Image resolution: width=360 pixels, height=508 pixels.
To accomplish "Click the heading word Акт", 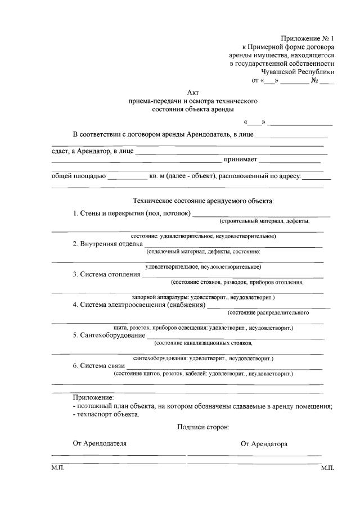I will pyautogui.click(x=192, y=92).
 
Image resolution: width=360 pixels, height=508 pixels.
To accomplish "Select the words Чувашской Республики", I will pyautogui.click(x=298, y=71).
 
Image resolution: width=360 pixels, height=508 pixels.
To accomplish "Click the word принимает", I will pyautogui.click(x=240, y=160).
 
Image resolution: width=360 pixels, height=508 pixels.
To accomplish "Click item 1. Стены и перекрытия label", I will pyautogui.click(x=132, y=213).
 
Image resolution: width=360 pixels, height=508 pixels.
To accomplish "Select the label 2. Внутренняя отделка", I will pyautogui.click(x=107, y=243).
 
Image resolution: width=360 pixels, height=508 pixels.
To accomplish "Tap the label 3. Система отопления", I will pyautogui.click(x=107, y=274).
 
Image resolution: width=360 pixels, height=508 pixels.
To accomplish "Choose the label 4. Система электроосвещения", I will pyautogui.click(x=139, y=305).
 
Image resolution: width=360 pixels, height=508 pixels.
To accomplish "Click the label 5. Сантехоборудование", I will pyautogui.click(x=109, y=335).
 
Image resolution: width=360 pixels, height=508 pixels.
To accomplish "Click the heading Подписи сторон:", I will pyautogui.click(x=203, y=427).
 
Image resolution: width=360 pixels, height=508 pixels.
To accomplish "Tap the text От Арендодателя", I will pyautogui.click(x=100, y=443).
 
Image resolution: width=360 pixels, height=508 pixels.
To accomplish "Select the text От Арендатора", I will pyautogui.click(x=264, y=443).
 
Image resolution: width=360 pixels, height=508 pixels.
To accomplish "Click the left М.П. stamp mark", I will pyautogui.click(x=58, y=468).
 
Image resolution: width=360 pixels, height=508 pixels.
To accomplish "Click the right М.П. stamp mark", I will pyautogui.click(x=327, y=468).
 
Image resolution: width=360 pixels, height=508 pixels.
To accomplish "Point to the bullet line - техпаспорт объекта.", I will pyautogui.click(x=106, y=414).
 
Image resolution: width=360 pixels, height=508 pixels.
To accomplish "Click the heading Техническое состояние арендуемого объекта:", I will pyautogui.click(x=203, y=200).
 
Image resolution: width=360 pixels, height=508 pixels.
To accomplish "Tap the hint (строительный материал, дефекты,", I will pyautogui.click(x=264, y=221).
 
